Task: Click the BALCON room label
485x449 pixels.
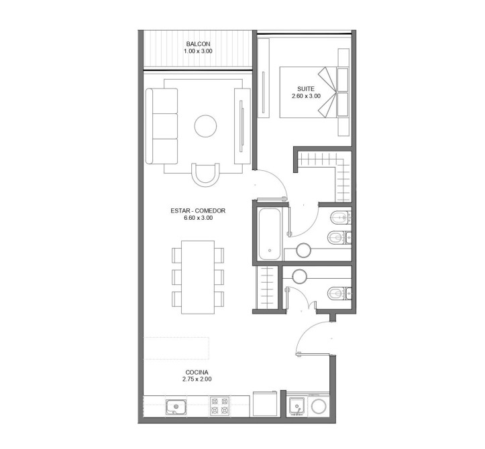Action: [x=198, y=44]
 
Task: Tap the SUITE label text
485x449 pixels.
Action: [x=306, y=89]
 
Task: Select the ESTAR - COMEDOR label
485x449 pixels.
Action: [x=198, y=210]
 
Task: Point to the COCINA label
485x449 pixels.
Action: [x=197, y=373]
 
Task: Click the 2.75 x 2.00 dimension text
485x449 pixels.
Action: [x=197, y=379]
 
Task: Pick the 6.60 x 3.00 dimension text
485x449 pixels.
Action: [x=199, y=218]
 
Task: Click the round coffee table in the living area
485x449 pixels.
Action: [x=205, y=126]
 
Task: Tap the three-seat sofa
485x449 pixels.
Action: [x=162, y=126]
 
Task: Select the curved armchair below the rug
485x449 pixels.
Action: [x=205, y=175]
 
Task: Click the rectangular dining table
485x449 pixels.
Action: [x=198, y=277]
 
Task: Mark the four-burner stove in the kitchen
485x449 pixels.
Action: [x=219, y=406]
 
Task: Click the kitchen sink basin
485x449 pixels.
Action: [x=176, y=407]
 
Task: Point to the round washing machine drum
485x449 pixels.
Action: [x=319, y=406]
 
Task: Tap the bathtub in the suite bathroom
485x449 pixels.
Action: [x=270, y=235]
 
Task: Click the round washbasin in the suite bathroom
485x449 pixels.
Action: [x=303, y=251]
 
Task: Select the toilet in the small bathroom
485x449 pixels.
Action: [x=339, y=294]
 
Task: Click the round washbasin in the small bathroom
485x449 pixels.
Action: [x=299, y=276]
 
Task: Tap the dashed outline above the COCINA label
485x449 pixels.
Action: [x=176, y=348]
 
